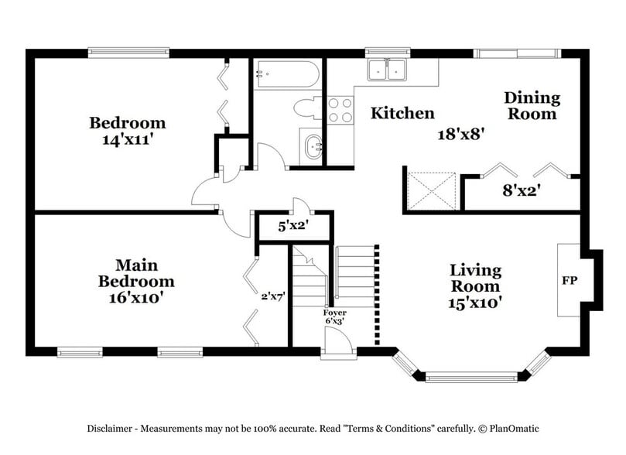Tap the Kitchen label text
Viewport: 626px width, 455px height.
[402, 114]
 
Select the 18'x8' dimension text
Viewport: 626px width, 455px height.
[461, 133]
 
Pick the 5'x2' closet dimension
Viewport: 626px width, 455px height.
[295, 227]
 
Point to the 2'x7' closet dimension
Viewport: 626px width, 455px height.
[273, 295]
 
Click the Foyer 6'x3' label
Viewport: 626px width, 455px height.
[335, 317]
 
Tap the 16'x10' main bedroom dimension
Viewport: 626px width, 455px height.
[135, 297]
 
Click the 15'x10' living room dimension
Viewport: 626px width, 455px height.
[476, 303]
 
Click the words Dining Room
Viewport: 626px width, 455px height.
[532, 106]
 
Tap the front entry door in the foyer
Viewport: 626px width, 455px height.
[337, 341]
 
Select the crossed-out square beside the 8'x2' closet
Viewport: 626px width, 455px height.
[432, 190]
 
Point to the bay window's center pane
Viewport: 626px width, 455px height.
[471, 377]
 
